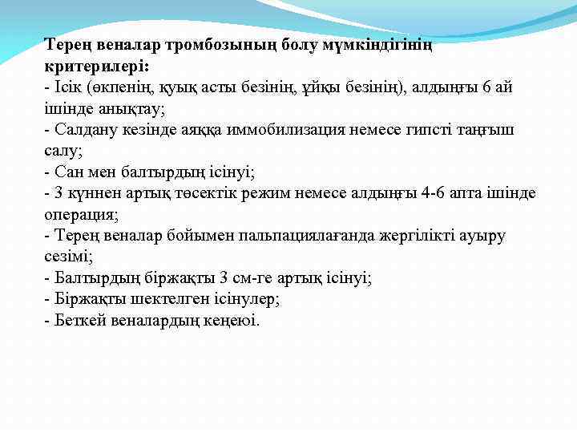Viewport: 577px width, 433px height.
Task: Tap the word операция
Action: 80,214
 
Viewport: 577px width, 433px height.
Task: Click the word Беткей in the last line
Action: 78,320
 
